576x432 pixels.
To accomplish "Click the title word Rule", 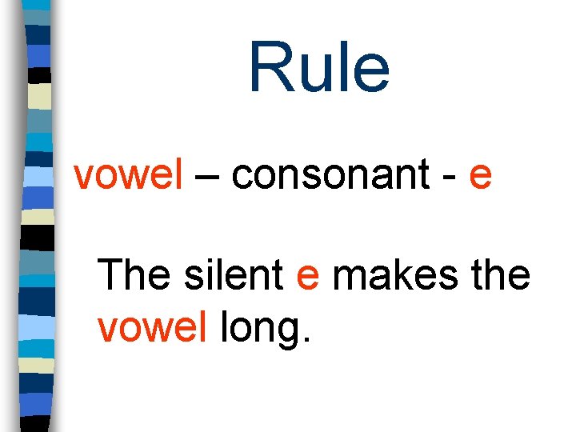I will point(318,66).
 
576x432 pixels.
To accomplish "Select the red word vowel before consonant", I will point(129,174).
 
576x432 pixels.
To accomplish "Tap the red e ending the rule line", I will point(480,176).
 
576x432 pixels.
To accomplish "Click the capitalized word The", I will point(134,275).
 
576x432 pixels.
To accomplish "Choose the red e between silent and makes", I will point(308,278).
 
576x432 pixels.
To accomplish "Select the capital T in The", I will point(113,275).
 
